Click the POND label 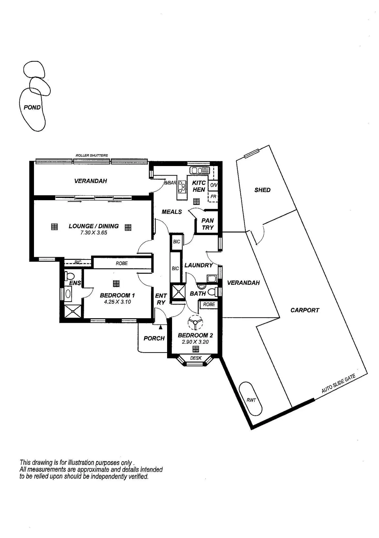point(32,107)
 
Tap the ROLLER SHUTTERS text point(92,156)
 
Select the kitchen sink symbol point(200,170)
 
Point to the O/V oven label point(214,185)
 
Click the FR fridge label point(213,197)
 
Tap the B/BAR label point(170,183)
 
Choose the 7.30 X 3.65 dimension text point(94,233)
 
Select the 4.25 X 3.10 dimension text point(117,302)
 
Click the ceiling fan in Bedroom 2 point(195,322)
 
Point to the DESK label point(196,358)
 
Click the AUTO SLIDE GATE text point(338,383)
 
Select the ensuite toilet point(69,276)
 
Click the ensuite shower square point(73,311)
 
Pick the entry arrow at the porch point(161,327)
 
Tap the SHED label point(262,190)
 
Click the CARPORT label point(305,310)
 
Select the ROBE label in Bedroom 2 point(209,304)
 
